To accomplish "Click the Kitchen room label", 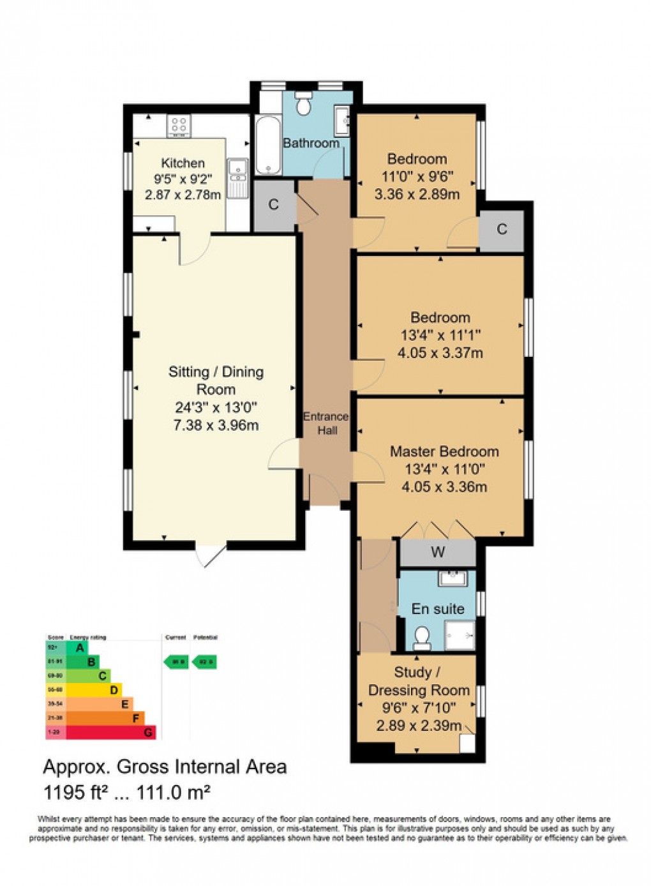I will point(183,163).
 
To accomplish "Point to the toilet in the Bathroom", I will point(303,104).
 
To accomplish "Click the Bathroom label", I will point(311,143).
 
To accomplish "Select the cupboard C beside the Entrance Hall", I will point(274,205).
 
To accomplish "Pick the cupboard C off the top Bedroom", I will point(502,229).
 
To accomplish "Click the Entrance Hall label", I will point(326,423).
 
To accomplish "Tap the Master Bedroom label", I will point(444,452).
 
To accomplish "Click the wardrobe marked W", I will point(438,552).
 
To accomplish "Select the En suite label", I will point(438,609).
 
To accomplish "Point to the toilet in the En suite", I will point(422,637).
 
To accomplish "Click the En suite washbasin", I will point(453,579).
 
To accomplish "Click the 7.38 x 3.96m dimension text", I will point(216,426).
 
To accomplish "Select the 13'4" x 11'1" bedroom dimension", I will point(440,335).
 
